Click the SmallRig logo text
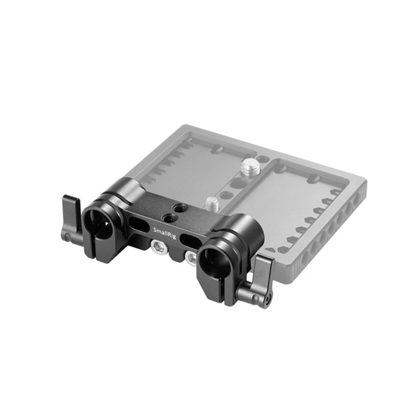164,233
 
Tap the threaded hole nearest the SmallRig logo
167,217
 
